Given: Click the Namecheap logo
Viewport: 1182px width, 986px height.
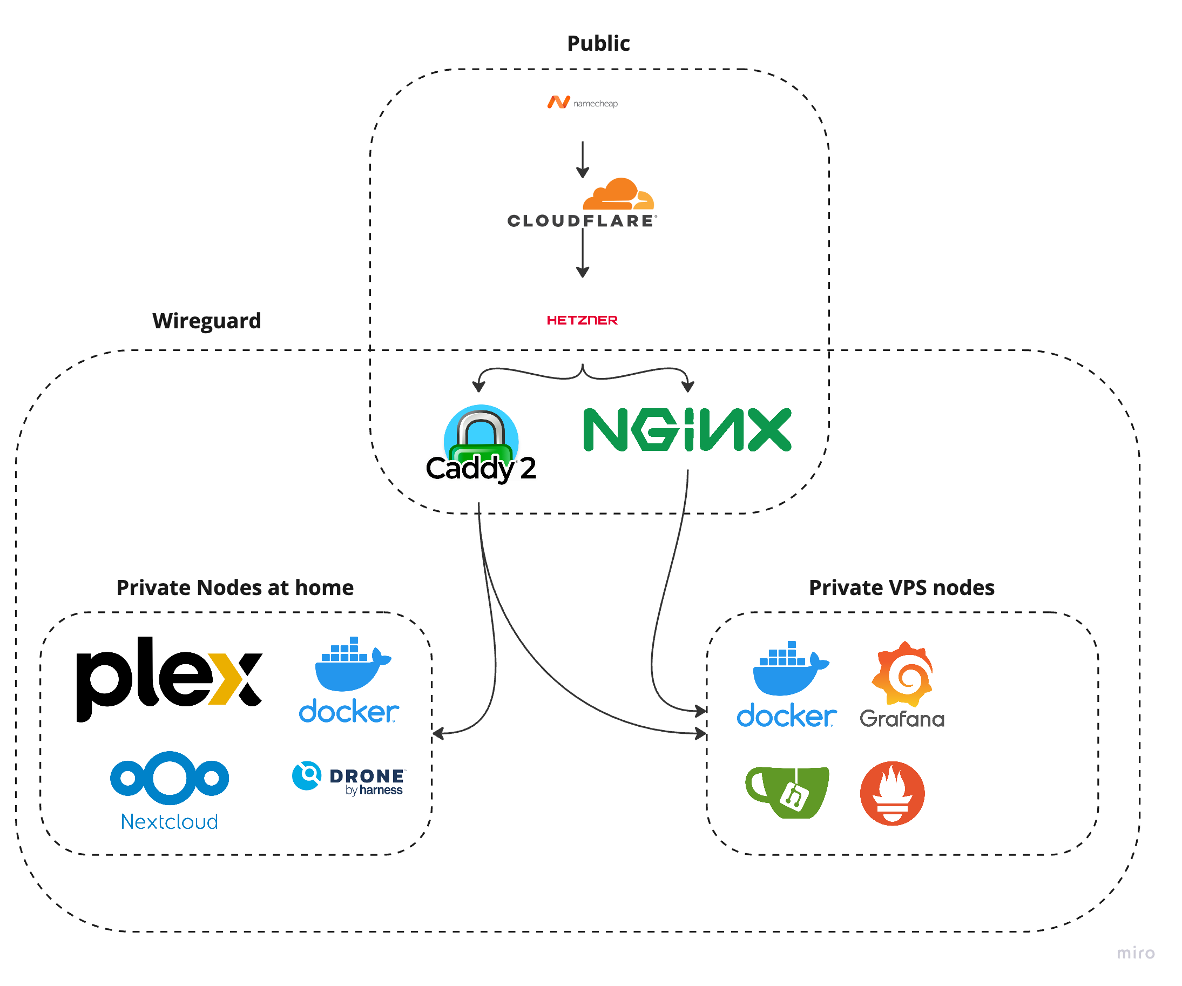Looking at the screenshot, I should [x=582, y=103].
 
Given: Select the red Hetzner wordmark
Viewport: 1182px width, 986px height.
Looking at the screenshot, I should [x=582, y=320].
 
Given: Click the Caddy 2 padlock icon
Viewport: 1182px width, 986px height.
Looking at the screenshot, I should [x=481, y=436].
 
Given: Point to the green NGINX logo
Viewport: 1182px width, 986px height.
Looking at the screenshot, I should [x=687, y=430].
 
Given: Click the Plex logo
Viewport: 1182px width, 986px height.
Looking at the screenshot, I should [x=169, y=678].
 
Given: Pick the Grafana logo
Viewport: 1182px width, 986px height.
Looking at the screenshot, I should [x=902, y=684].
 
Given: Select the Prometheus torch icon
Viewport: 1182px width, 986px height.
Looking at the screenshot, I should [x=892, y=793].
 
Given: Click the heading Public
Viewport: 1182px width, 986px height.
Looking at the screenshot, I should [x=598, y=43].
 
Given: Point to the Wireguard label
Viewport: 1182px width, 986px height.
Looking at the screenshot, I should [x=207, y=321].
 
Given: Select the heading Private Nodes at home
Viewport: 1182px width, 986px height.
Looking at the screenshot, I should [x=235, y=587].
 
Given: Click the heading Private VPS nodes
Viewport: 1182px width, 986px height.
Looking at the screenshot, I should [x=901, y=587].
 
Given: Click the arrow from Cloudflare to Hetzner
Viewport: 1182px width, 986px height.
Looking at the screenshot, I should [x=583, y=256].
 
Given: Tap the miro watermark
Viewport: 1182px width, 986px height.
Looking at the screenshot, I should [x=1135, y=953].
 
